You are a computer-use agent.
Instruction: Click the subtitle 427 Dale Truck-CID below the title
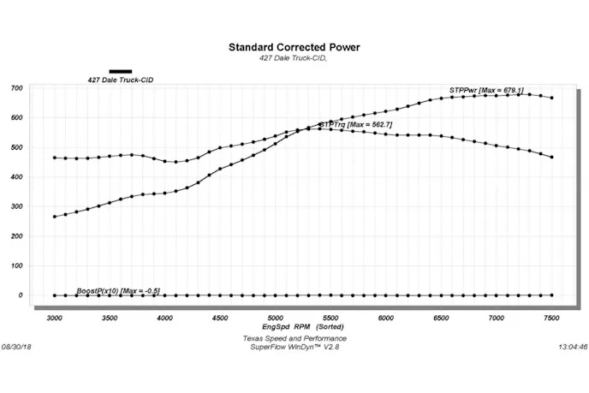coord(293,58)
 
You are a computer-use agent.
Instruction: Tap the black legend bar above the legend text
coord(120,71)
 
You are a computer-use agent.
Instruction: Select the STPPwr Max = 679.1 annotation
coord(486,90)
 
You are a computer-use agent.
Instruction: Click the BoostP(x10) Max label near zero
coord(117,291)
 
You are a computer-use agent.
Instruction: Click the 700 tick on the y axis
coord(17,88)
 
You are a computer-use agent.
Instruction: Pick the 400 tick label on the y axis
coord(17,177)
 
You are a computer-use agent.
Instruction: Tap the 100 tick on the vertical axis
coord(17,266)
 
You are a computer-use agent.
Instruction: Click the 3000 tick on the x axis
coord(55,318)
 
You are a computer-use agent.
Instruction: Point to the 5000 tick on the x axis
coord(276,318)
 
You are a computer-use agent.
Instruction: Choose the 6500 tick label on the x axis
coord(441,318)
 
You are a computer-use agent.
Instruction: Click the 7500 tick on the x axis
coord(551,318)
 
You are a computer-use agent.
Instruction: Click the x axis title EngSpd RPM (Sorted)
coord(293,327)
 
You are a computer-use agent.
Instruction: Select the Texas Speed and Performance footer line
coord(293,339)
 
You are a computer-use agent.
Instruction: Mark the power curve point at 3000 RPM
coord(55,217)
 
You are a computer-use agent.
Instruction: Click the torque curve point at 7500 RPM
coord(551,157)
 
